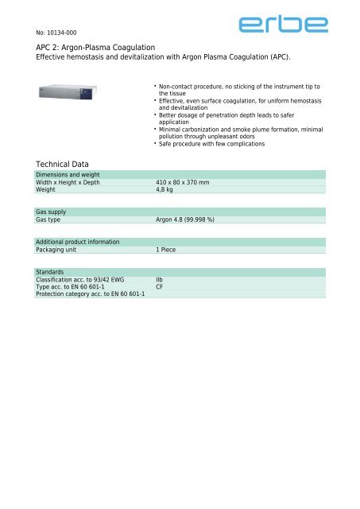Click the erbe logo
point(282,27)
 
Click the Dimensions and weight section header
point(68,174)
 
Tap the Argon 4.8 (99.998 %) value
point(190,220)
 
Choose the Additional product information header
point(78,242)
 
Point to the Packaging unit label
point(60,250)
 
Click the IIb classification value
point(159,280)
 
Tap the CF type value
point(159,287)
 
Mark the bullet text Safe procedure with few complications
point(211,144)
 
